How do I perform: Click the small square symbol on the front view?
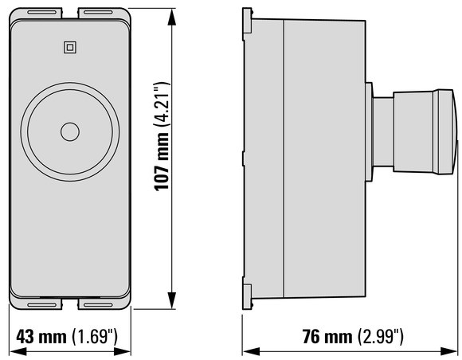(70, 48)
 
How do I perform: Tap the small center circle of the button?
(70, 131)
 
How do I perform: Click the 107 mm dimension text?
(162, 161)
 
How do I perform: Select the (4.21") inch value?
(162, 104)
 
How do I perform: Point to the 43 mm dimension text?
(41, 336)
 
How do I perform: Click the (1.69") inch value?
(95, 336)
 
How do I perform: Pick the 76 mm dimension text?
(327, 336)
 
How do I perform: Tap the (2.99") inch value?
(381, 336)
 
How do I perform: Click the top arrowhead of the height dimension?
(171, 17)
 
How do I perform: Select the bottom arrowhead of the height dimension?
(171, 300)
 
